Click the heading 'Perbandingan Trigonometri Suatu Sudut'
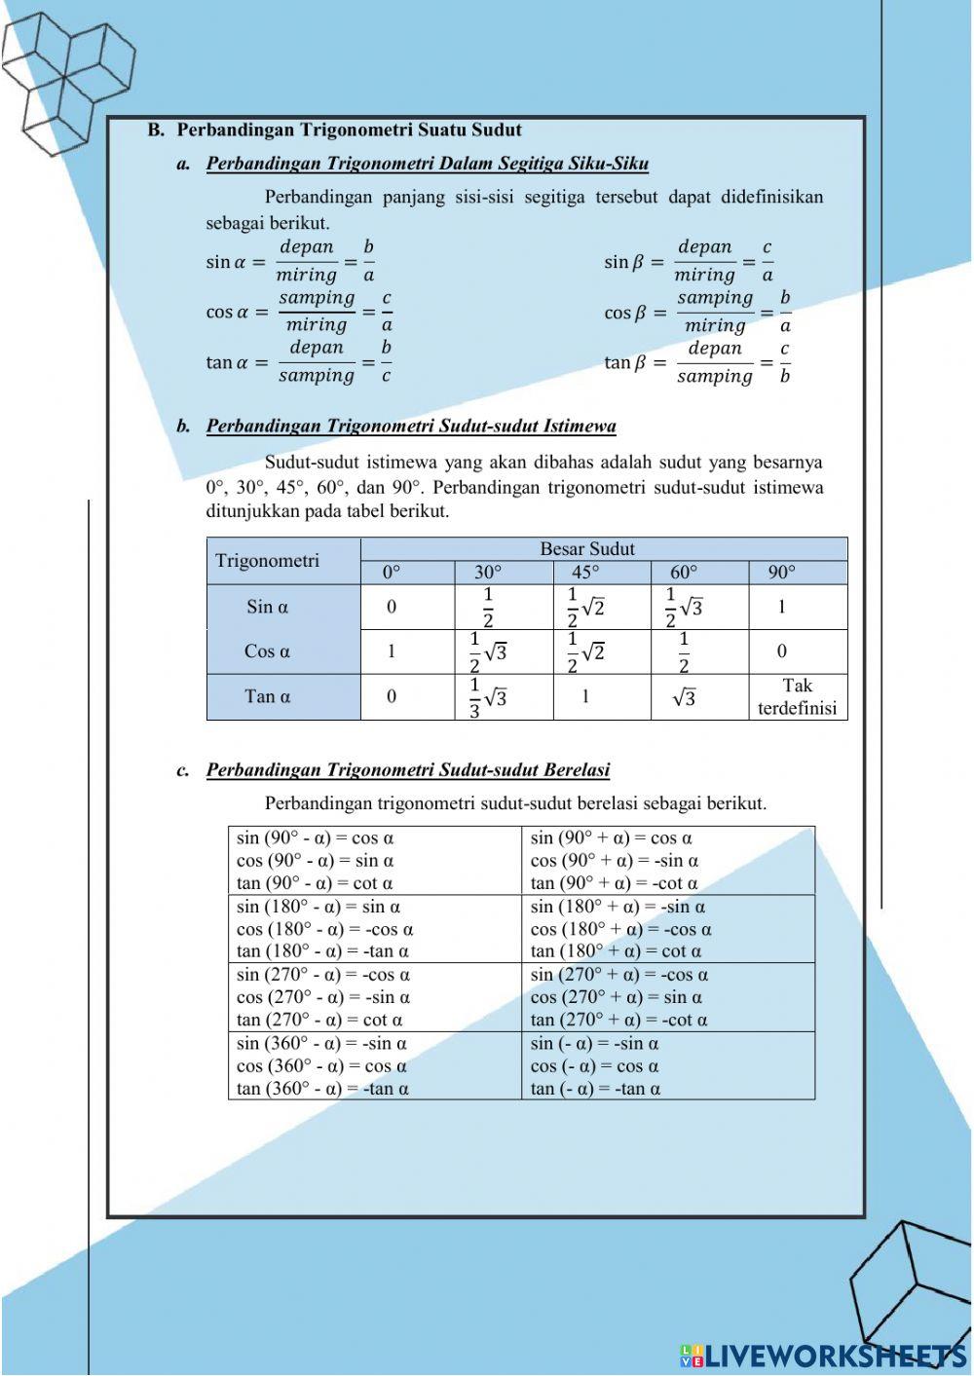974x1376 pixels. [349, 130]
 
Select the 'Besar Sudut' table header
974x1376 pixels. [586, 549]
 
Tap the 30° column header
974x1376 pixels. [488, 573]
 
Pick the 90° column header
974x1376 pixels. [781, 573]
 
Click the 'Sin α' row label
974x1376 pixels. [267, 607]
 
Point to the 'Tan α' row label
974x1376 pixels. [267, 696]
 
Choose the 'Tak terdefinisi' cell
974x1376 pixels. [797, 697]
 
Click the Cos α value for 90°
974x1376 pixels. [782, 651]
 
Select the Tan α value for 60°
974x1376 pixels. [685, 697]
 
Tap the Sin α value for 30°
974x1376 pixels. [488, 607]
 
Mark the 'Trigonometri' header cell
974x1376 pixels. [267, 561]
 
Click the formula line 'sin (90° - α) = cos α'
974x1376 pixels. [315, 837]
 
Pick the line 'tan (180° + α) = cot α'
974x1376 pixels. [616, 951]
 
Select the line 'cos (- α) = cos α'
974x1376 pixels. [594, 1066]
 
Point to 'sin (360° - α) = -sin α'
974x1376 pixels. [321, 1044]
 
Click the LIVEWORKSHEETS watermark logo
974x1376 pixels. [823, 1355]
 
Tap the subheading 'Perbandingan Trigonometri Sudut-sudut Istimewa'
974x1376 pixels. [410, 427]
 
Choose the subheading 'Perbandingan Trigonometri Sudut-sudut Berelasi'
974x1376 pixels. [407, 770]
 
